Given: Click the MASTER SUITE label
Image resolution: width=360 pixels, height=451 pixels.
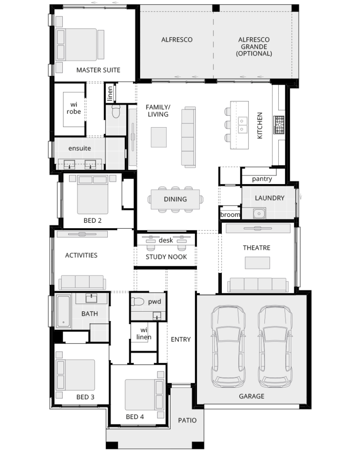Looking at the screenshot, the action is pos(99,70).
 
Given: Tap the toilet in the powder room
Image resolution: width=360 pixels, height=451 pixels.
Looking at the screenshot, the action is pos(137,302).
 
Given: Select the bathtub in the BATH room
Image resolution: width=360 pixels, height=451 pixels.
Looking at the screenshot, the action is pos(63,311).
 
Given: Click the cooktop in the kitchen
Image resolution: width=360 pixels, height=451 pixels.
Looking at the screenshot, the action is pos(279,125).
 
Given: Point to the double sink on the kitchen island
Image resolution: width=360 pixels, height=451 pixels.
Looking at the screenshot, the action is pos(243,125).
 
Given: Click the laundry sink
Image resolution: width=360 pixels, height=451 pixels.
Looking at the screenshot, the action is pos(259,213).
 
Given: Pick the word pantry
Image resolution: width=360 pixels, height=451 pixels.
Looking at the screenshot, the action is pos(262,179).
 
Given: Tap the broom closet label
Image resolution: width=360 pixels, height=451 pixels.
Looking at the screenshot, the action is pos(230,215).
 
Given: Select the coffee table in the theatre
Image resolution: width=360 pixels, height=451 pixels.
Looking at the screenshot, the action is pos(257,263).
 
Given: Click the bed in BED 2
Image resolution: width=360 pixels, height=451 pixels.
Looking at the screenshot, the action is pos(93,195).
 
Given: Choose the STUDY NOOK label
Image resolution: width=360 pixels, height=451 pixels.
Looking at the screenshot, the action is pos(166,257).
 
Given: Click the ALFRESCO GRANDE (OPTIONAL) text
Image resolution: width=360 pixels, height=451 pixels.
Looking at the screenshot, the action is pos(254,47).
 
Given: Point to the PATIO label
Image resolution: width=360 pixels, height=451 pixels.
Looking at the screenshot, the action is pos(187,420).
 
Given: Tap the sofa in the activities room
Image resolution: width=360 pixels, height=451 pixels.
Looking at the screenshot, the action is pos(82,283).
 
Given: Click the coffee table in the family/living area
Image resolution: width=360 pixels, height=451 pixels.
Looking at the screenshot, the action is pos(159,137).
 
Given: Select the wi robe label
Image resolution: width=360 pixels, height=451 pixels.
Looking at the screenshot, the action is pos(74,108).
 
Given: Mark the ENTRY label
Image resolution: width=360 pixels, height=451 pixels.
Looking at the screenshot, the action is pos(181,339).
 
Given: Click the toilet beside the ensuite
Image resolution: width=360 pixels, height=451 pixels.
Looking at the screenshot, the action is pos(116,112).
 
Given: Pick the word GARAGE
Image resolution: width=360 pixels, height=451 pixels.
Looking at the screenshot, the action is pos(252,396).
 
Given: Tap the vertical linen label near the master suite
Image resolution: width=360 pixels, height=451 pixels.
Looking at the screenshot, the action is pos(110,93).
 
